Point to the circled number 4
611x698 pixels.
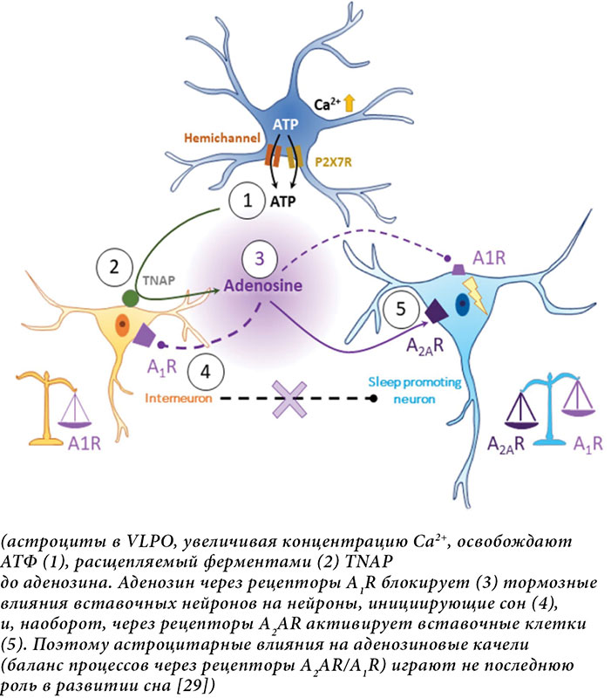coord(206,370)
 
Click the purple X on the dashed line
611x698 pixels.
coord(287,399)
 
